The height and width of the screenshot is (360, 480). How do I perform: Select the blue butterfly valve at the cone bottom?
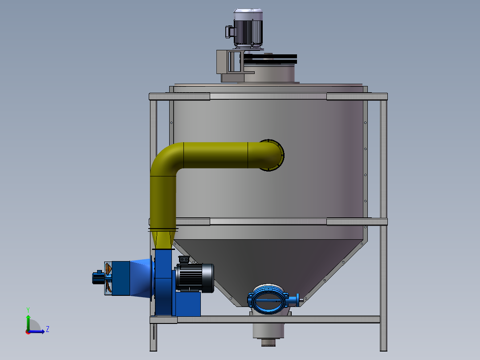[x=267, y=299]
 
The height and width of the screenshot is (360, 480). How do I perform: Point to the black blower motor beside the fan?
[x=195, y=277]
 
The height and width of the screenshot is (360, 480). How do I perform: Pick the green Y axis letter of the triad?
[x=28, y=309]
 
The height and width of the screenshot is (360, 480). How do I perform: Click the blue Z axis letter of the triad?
[x=47, y=329]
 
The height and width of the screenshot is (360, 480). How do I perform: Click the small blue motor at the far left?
[x=97, y=278]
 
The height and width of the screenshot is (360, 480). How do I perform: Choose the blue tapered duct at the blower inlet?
[x=142, y=278]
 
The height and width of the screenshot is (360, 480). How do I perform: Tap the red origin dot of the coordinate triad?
[x=28, y=331]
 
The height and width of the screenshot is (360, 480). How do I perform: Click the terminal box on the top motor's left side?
[x=229, y=32]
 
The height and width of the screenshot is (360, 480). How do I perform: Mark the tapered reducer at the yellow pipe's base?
[x=163, y=238]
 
